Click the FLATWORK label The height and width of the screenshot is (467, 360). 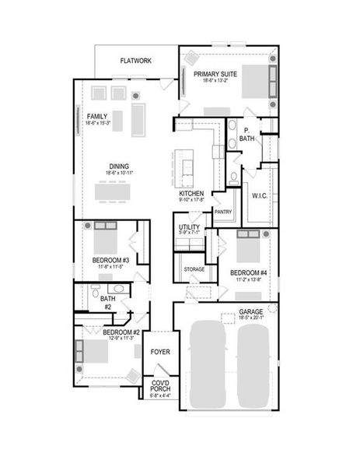(x=136, y=60)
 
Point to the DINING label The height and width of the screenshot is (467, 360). (x=119, y=165)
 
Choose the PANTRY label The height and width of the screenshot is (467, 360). (x=223, y=212)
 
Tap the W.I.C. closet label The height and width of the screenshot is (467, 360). (x=260, y=195)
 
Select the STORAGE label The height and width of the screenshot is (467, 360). (x=194, y=269)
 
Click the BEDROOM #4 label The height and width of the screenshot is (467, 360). (x=248, y=272)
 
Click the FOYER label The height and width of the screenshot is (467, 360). (x=160, y=352)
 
